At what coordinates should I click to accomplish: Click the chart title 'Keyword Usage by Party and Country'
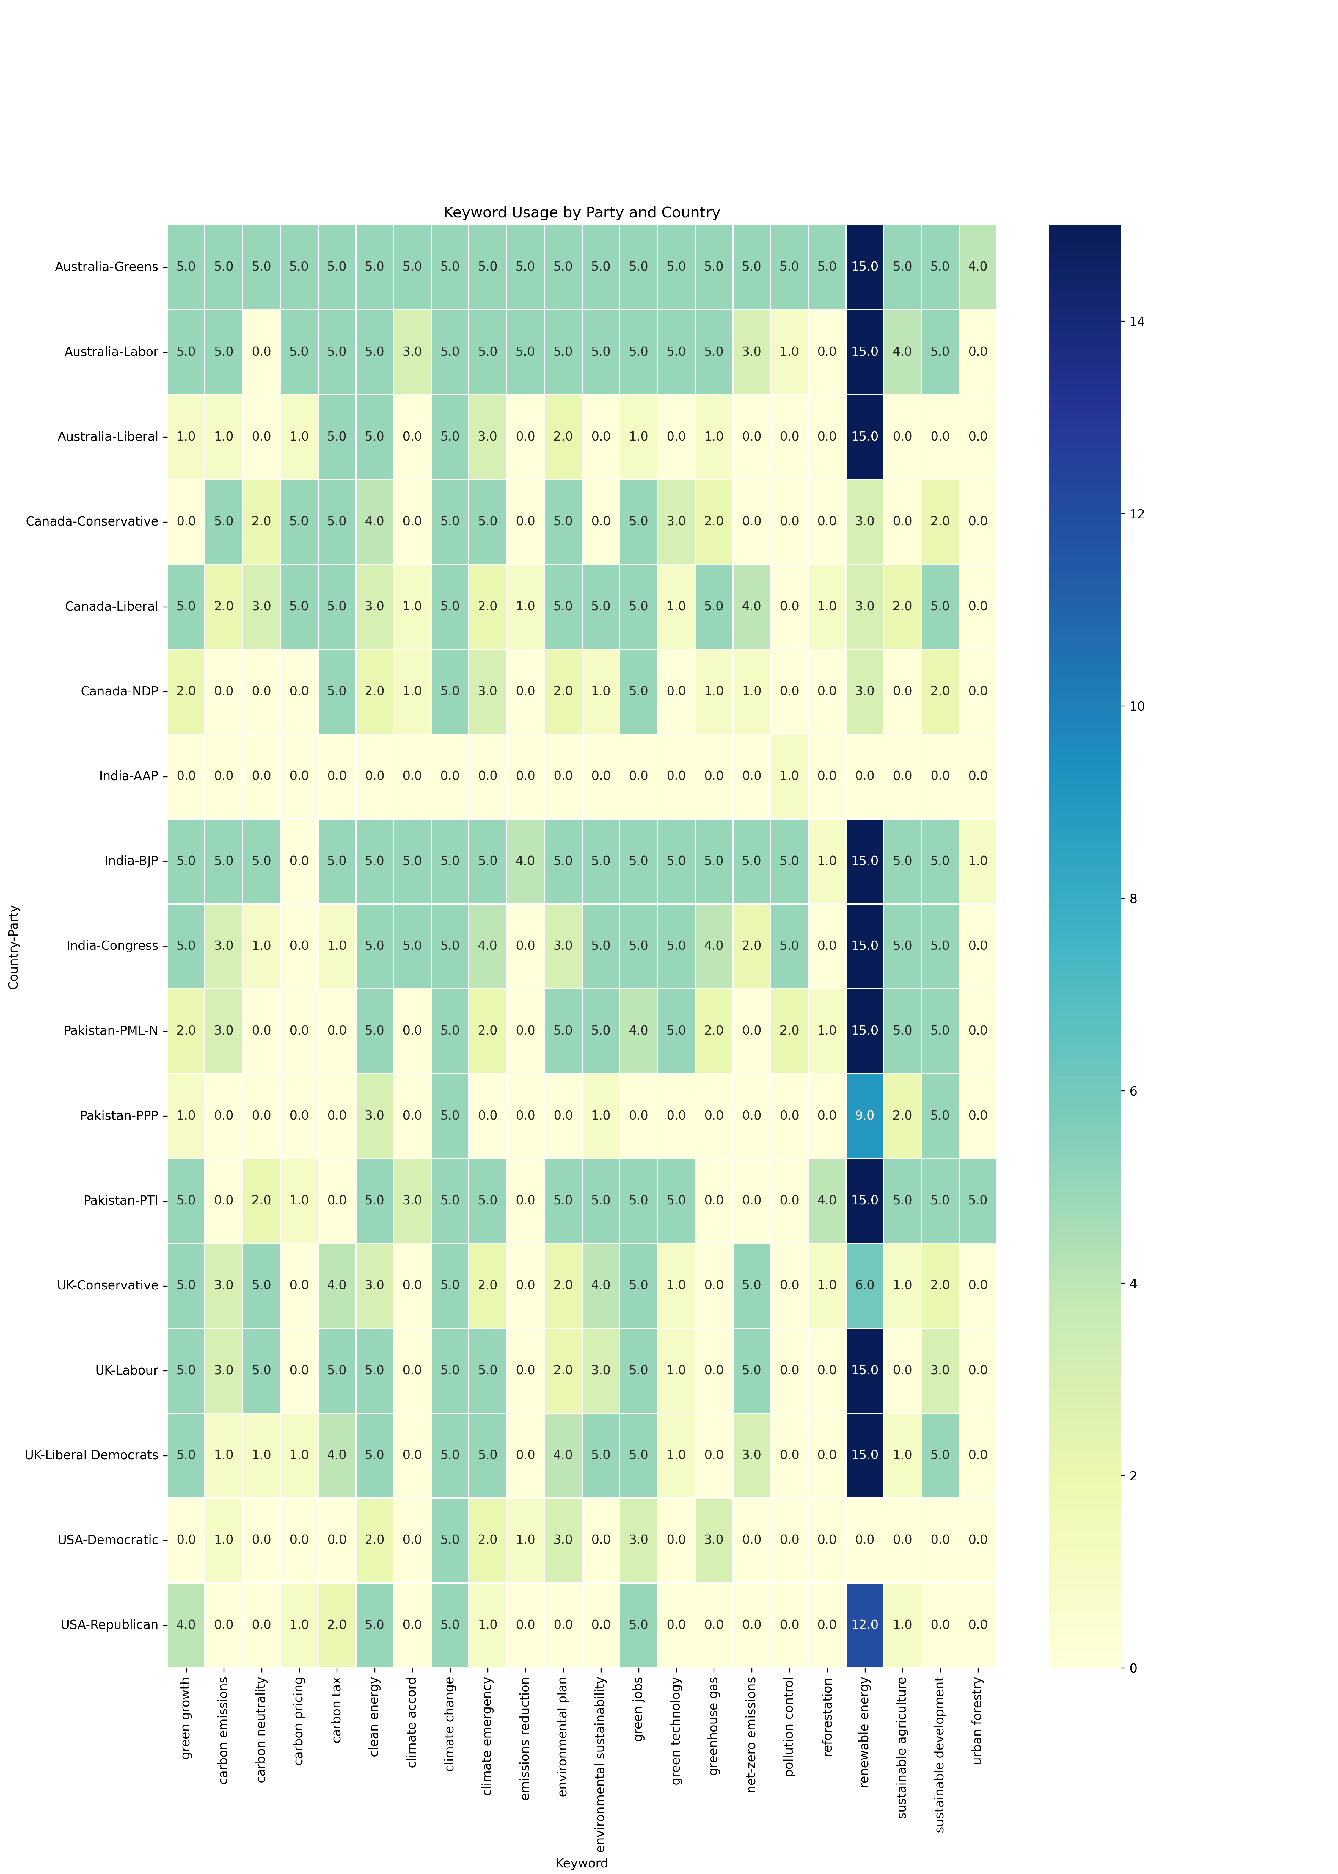tap(582, 213)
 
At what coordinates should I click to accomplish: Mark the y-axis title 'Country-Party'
tap(14, 947)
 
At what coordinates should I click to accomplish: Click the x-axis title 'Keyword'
tap(582, 1863)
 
